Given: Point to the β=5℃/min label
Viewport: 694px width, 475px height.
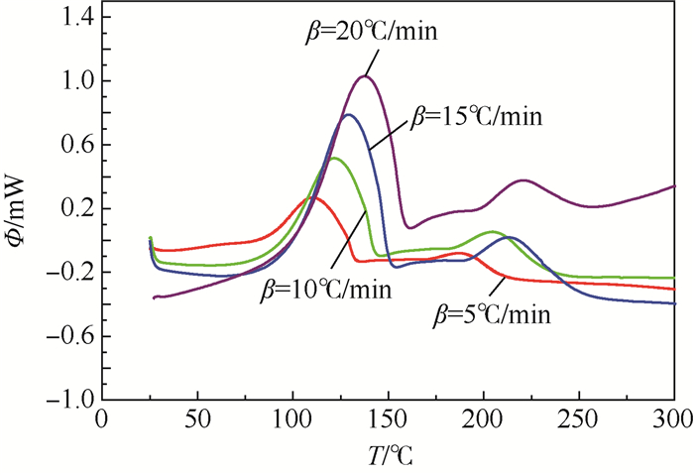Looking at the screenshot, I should (x=493, y=316).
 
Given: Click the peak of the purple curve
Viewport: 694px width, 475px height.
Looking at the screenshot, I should (x=365, y=76).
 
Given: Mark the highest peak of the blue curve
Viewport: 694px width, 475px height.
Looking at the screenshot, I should (x=348, y=114).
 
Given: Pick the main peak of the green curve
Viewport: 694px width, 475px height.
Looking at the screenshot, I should (x=334, y=158).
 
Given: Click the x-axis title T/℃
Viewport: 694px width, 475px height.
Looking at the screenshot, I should (x=387, y=456).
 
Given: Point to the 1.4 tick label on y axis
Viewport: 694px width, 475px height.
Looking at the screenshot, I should (x=71, y=17).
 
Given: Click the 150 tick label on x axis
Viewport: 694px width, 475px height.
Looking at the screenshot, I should (x=387, y=420).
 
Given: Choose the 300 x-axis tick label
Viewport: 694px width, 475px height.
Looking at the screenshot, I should (x=673, y=420).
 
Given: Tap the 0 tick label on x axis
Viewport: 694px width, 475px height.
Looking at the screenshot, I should (x=100, y=420).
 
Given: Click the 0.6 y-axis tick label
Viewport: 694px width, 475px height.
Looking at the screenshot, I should (x=71, y=145).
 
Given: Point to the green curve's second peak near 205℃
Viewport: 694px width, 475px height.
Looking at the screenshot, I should (x=492, y=231).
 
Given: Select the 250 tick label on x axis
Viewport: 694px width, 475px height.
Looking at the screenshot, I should (x=578, y=420).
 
